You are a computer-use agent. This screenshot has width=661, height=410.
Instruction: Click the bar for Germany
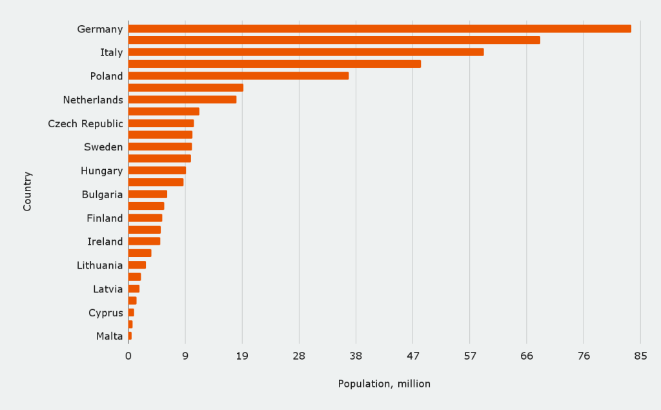pyautogui.click(x=380, y=28)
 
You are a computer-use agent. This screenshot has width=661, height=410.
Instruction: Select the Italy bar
pyautogui.click(x=306, y=52)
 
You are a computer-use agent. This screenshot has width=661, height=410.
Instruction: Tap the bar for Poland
pyautogui.click(x=238, y=76)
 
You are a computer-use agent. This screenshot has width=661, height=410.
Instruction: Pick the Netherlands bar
pyautogui.click(x=182, y=99)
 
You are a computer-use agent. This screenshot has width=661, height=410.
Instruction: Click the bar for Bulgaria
pyautogui.click(x=148, y=194)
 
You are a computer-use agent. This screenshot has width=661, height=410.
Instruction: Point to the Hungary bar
pyautogui.click(x=157, y=170)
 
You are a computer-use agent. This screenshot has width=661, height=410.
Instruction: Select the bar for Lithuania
pyautogui.click(x=137, y=265)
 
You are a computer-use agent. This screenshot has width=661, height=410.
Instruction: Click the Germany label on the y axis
pyautogui.click(x=99, y=29)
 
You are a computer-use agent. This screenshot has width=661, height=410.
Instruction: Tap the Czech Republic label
pyautogui.click(x=85, y=123)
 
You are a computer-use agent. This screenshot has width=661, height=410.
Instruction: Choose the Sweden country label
pyautogui.click(x=103, y=147)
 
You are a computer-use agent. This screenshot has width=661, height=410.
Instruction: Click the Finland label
pyautogui.click(x=105, y=218)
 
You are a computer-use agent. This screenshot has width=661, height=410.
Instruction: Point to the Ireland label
pyautogui.click(x=105, y=241)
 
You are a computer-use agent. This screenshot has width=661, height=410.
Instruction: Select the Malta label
pyautogui.click(x=109, y=336)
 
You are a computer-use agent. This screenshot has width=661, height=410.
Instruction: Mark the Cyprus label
pyautogui.click(x=106, y=313)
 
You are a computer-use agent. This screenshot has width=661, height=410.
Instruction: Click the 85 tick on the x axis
pyautogui.click(x=640, y=356)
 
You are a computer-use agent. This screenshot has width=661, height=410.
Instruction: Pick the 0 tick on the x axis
pyautogui.click(x=128, y=356)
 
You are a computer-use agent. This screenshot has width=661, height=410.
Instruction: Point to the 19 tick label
pyautogui.click(x=242, y=356)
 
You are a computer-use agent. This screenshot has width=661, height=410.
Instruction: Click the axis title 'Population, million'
pyautogui.click(x=384, y=384)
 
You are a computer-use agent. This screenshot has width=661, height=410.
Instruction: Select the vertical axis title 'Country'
pyautogui.click(x=27, y=191)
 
